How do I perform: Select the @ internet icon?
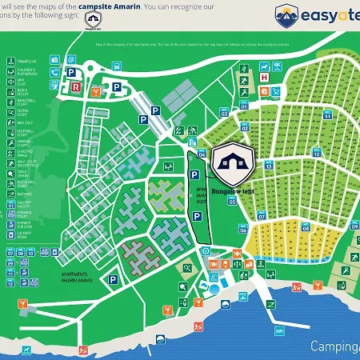70,59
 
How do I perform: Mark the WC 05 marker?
232,202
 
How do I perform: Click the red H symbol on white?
264,78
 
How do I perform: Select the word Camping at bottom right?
334,346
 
